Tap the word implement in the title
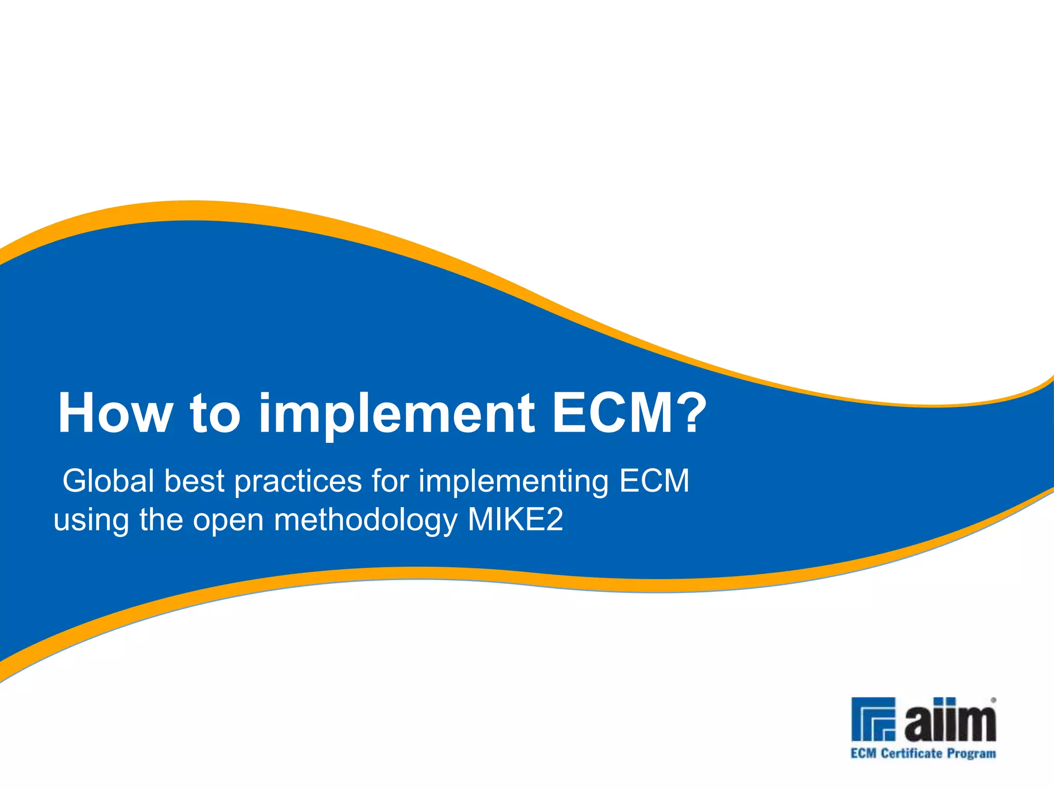click(x=396, y=413)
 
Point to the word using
click(x=91, y=520)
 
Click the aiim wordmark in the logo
click(x=950, y=720)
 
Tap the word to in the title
click(x=215, y=413)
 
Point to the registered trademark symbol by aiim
click(x=993, y=700)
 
